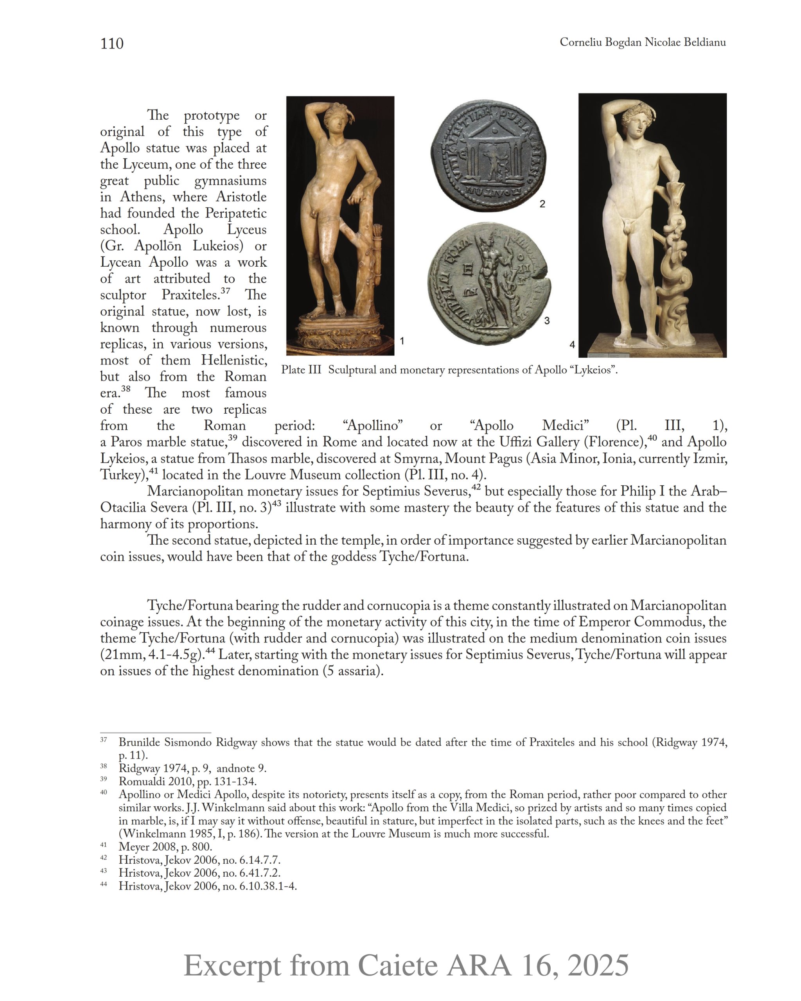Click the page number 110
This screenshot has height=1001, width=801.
coord(112,44)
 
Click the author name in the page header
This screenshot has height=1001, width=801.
coord(642,42)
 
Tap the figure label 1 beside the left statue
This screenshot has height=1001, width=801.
coord(402,341)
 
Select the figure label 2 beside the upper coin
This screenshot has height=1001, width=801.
coord(542,204)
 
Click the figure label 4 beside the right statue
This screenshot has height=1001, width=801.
coord(572,344)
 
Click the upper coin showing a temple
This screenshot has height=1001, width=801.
coord(488,158)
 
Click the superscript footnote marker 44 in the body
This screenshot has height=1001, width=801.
coord(210,651)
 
